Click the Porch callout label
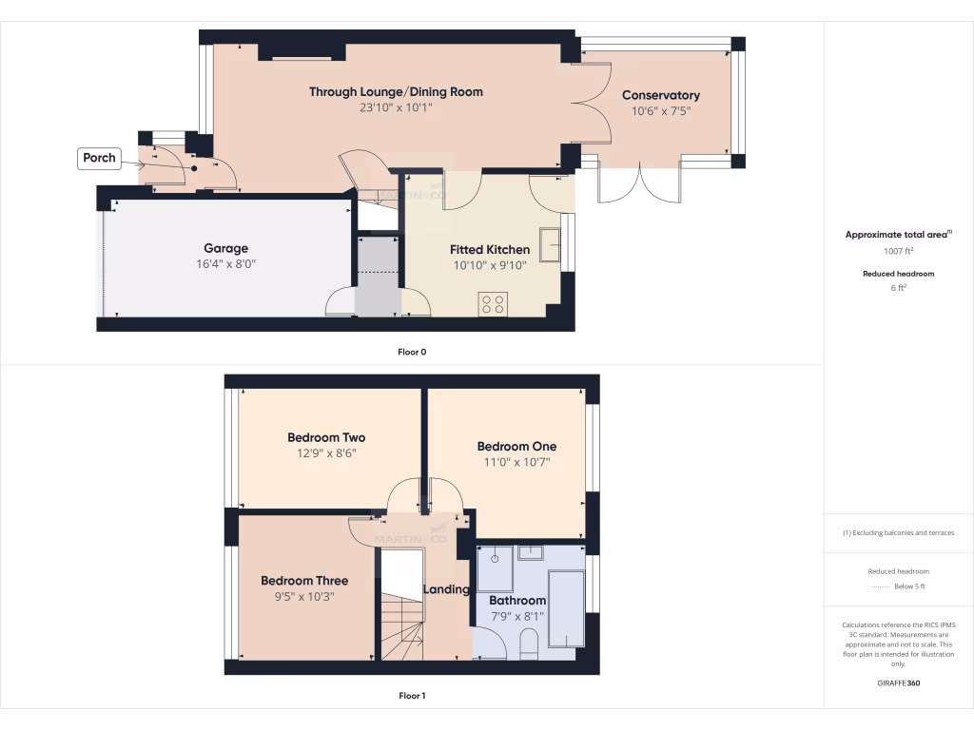99,158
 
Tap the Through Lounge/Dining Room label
396,92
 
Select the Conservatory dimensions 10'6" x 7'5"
660,110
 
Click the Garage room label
225,249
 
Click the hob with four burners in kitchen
493,304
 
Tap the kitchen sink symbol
549,244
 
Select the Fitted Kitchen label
490,250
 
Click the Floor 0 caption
412,352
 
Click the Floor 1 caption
412,696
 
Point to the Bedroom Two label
326,438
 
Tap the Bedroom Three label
304,581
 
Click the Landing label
446,589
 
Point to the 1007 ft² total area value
898,252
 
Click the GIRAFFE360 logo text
898,683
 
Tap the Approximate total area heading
897,235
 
